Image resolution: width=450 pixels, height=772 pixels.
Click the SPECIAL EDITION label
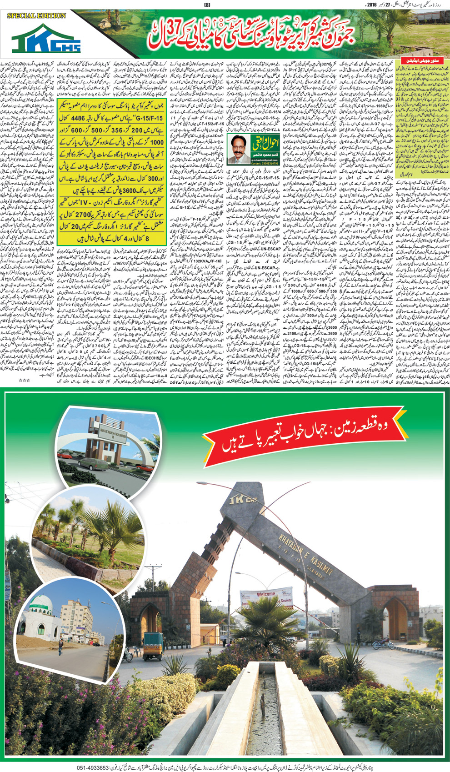click(36, 15)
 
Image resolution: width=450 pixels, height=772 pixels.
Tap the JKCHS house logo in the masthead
click(47, 40)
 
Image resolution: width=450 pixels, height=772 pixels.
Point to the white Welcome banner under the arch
click(266, 600)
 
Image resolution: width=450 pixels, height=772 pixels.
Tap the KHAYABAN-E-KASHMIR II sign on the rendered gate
click(109, 441)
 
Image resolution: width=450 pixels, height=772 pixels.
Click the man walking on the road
click(61, 647)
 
